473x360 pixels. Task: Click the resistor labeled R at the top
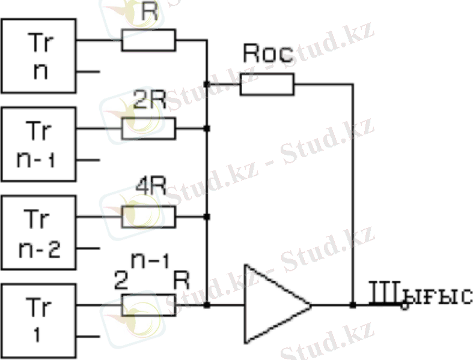pos(148,41)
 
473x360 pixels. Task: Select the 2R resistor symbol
pos(148,128)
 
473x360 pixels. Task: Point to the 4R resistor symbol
pos(148,217)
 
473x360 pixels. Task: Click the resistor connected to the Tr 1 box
pos(148,305)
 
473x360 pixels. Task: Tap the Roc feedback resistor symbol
pos(267,85)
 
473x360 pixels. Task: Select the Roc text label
pos(267,55)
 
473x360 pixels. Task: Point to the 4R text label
pos(148,192)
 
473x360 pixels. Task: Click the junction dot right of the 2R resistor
pos(207,128)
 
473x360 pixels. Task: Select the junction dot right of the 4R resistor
pos(207,217)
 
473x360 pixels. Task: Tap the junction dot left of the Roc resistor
pos(207,85)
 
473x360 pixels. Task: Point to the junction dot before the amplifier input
pos(207,305)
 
